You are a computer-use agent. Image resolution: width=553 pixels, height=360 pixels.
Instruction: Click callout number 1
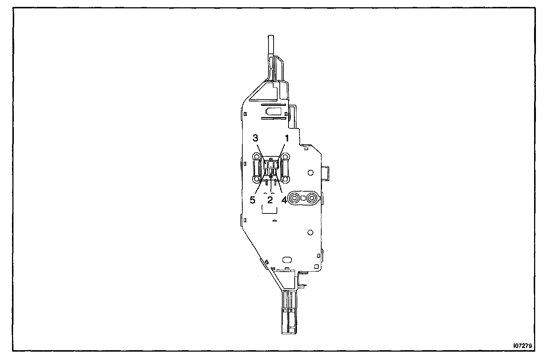pyautogui.click(x=287, y=139)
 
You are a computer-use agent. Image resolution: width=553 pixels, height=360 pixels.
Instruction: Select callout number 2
pyautogui.click(x=270, y=200)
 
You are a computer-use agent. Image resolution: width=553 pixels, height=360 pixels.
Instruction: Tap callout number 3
pyautogui.click(x=255, y=138)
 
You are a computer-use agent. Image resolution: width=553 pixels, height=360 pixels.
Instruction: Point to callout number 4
pyautogui.click(x=284, y=200)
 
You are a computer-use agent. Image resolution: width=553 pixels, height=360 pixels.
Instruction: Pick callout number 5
pyautogui.click(x=252, y=200)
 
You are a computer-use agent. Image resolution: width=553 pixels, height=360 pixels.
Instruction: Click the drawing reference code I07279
pyautogui.click(x=523, y=346)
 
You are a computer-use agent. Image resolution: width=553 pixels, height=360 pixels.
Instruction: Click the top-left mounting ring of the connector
pyautogui.click(x=257, y=156)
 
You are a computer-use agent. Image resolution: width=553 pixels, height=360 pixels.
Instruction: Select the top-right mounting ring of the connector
pyautogui.click(x=285, y=156)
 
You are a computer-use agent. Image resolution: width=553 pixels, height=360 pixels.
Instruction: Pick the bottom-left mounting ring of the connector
pyautogui.click(x=257, y=179)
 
